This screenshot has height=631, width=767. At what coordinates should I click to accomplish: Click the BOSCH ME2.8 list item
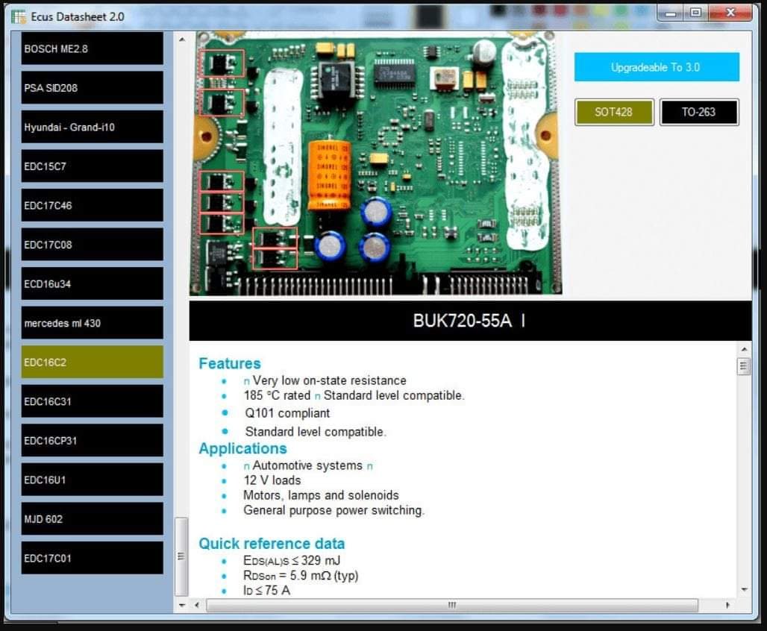(x=92, y=48)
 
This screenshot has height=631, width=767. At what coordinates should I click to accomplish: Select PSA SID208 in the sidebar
(x=92, y=87)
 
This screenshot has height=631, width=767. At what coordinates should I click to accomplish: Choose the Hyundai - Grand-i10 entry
(x=92, y=127)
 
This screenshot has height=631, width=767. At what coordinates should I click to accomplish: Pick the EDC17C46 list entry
(x=92, y=205)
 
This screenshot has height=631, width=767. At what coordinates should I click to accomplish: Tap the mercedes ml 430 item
(x=92, y=323)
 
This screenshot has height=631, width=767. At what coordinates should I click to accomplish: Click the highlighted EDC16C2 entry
(x=92, y=362)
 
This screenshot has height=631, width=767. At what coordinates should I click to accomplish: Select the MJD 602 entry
(x=92, y=519)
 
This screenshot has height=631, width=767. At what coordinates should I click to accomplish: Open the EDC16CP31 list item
(x=92, y=440)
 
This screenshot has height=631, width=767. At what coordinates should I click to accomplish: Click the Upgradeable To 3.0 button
(x=657, y=67)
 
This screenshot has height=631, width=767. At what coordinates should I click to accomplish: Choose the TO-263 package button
(x=699, y=112)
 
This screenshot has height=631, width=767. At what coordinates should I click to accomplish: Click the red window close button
(x=730, y=13)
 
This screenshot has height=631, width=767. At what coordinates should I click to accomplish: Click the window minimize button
(x=671, y=13)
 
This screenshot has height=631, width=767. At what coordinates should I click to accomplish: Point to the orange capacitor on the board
(x=329, y=175)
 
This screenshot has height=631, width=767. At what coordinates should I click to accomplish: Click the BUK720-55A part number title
(x=463, y=321)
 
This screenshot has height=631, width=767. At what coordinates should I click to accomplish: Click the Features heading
(x=229, y=363)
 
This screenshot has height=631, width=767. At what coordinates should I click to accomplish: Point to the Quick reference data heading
(x=272, y=544)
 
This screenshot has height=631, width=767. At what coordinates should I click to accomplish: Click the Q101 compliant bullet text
(x=287, y=413)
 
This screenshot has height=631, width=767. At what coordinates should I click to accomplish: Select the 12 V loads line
(x=272, y=480)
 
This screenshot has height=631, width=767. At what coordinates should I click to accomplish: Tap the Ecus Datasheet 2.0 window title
(x=78, y=16)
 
